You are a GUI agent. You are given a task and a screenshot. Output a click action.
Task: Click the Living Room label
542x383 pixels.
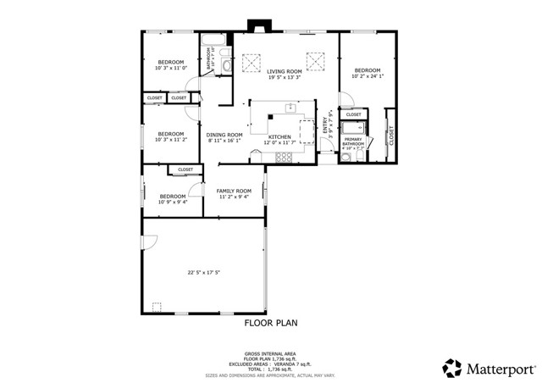[x=285, y=71]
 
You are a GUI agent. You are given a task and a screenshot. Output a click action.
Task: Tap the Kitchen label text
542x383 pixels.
[x=279, y=136]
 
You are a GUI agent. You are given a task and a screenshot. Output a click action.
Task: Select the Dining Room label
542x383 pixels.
[x=224, y=134]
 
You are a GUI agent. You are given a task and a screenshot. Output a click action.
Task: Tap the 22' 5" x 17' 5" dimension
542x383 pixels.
[x=203, y=272]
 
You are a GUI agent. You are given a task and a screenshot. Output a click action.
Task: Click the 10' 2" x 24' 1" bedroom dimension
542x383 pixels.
[x=368, y=76]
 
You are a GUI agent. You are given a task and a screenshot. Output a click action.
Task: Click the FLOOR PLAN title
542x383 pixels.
[x=271, y=323]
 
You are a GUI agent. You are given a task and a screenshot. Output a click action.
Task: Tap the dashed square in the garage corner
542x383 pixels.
[x=156, y=307]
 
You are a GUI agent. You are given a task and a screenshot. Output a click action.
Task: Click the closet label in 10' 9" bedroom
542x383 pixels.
[x=185, y=169]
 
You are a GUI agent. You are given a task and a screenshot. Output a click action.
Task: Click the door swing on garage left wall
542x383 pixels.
[x=147, y=242]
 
